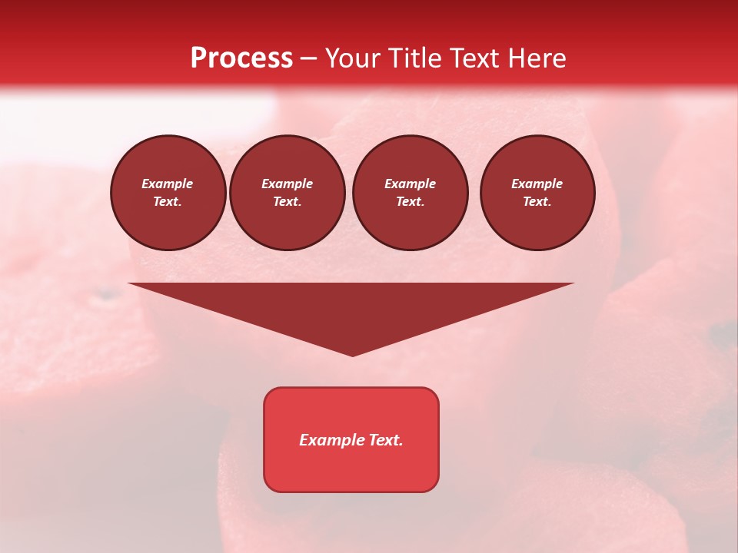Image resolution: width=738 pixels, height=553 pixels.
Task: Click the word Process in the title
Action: click(241, 58)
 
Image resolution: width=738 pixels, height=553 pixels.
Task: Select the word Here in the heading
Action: click(537, 58)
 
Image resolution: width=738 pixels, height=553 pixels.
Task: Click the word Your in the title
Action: click(351, 58)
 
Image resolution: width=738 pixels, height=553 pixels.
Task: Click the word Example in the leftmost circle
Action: click(168, 184)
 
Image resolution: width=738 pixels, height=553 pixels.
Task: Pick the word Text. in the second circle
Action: click(288, 202)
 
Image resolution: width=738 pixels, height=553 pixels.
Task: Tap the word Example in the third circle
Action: click(410, 184)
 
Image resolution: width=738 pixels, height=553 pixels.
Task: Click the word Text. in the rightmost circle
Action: click(537, 202)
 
